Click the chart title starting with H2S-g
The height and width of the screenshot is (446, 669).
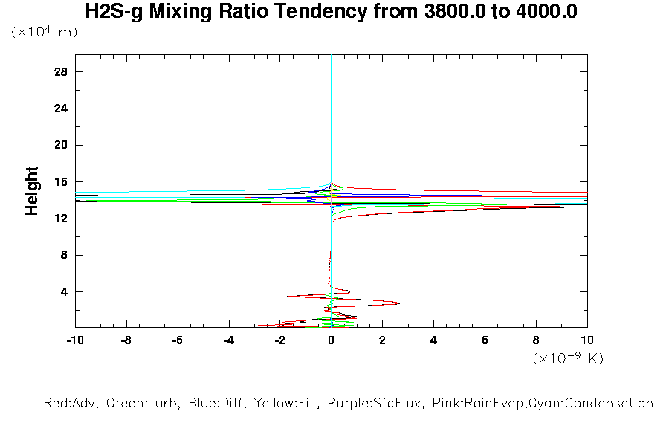click(332, 12)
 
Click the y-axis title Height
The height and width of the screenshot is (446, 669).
click(32, 191)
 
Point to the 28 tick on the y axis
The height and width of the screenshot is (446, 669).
click(61, 71)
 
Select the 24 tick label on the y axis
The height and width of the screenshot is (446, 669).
click(61, 109)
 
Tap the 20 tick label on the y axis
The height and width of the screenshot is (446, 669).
click(61, 145)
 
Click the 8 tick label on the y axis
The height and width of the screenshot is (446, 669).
click(64, 255)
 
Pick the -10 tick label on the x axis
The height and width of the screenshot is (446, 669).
click(74, 340)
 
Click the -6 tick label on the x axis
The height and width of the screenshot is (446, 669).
click(177, 340)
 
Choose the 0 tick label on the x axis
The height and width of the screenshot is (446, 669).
click(332, 340)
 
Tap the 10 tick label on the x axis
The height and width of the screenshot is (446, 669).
click(587, 340)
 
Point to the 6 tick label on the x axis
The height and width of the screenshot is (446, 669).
click(485, 340)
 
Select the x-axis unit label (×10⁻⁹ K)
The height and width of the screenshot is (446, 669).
click(568, 358)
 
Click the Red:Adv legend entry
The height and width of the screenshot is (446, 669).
click(71, 404)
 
